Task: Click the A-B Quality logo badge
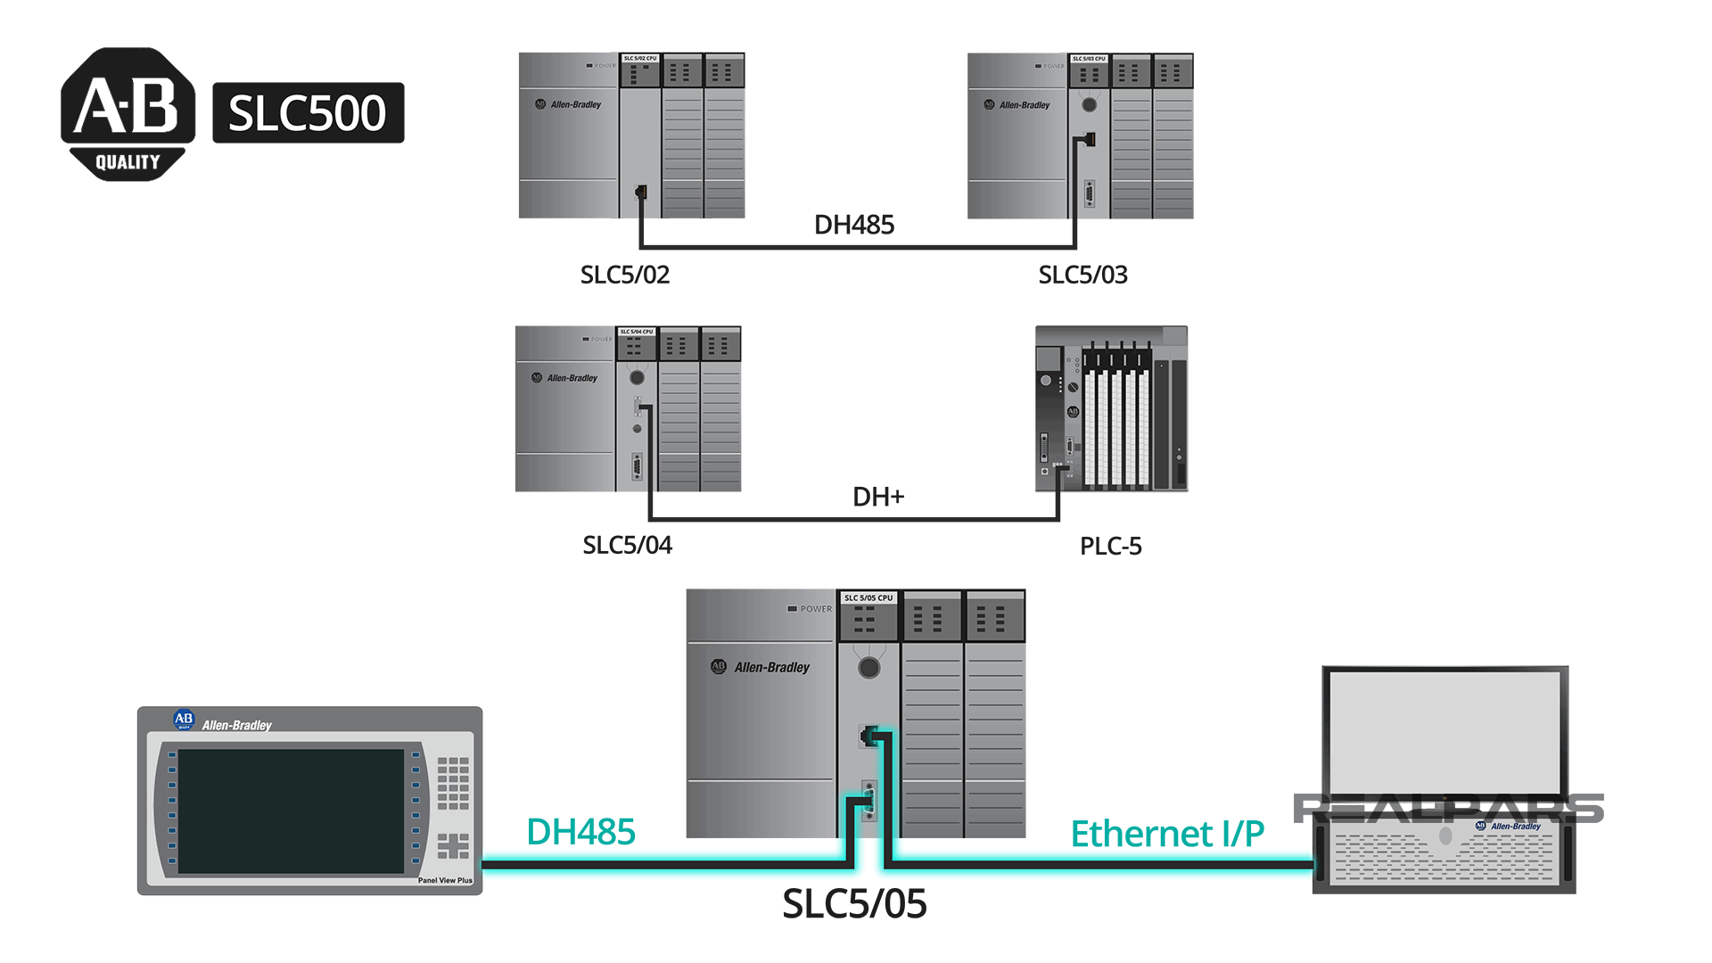click(x=128, y=113)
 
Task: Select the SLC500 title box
click(x=308, y=113)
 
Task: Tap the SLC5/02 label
click(x=624, y=275)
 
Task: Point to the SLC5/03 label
click(x=1082, y=275)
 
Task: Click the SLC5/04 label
click(x=627, y=545)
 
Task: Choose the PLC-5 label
click(x=1110, y=546)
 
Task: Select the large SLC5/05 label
click(x=854, y=904)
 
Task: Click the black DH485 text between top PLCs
click(x=853, y=225)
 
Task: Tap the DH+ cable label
click(x=878, y=497)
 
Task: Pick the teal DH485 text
click(x=580, y=832)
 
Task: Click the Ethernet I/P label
click(x=1167, y=834)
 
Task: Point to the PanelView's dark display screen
click(x=291, y=811)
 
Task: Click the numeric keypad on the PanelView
click(x=453, y=782)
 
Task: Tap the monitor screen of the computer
click(x=1444, y=728)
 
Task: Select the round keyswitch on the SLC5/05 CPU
click(x=868, y=668)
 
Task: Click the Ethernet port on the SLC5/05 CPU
click(x=868, y=736)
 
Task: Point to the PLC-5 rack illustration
click(x=1111, y=408)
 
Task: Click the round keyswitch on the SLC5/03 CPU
click(x=1089, y=105)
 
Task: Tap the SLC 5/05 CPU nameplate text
click(x=868, y=597)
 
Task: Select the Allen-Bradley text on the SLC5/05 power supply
click(x=771, y=667)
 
